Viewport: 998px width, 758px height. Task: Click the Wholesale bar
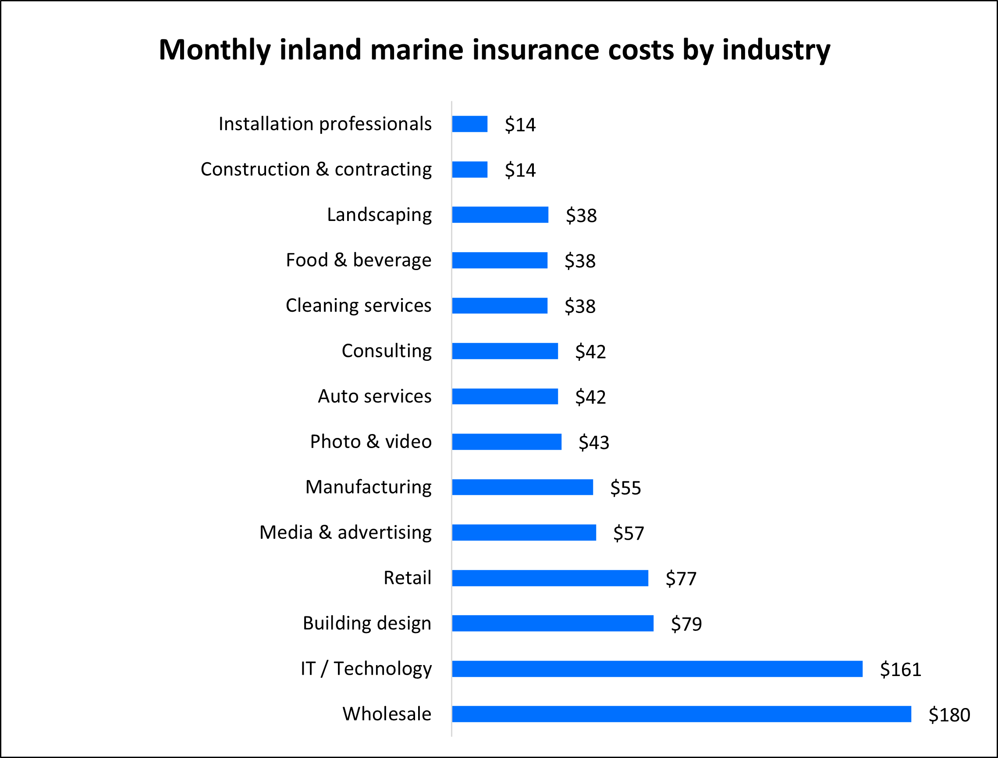pyautogui.click(x=681, y=714)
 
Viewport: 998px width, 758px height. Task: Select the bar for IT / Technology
pyautogui.click(x=657, y=669)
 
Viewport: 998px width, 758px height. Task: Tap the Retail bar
pyautogui.click(x=550, y=578)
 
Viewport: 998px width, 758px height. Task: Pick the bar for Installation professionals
pyautogui.click(x=470, y=124)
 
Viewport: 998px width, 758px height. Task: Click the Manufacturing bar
pyautogui.click(x=522, y=488)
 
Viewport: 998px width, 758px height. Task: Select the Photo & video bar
pyautogui.click(x=507, y=442)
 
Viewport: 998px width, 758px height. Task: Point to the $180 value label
pyautogui.click(x=949, y=715)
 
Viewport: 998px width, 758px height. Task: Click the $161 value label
pyautogui.click(x=901, y=669)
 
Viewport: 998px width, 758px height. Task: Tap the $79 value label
pyautogui.click(x=686, y=624)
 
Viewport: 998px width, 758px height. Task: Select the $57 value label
pyautogui.click(x=629, y=533)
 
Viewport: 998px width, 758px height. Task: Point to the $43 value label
pyautogui.click(x=594, y=443)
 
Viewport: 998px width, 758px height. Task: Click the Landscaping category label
pyautogui.click(x=379, y=215)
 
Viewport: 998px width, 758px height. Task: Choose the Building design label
pyautogui.click(x=367, y=623)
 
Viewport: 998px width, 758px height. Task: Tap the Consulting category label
pyautogui.click(x=387, y=351)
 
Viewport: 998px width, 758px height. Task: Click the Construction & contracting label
pyautogui.click(x=316, y=170)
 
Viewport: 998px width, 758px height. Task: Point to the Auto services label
pyautogui.click(x=374, y=396)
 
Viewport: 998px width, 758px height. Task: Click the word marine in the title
pyautogui.click(x=417, y=50)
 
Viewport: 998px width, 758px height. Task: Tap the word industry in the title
pyautogui.click(x=776, y=50)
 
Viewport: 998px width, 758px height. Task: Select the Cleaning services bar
pyautogui.click(x=500, y=306)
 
